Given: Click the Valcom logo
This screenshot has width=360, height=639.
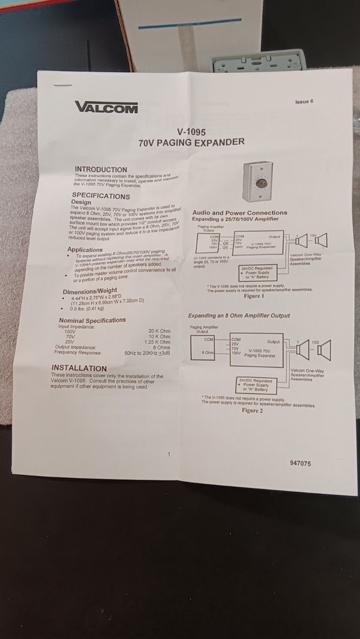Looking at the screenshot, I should point(106,107).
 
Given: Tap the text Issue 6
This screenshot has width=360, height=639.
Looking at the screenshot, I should point(304,102).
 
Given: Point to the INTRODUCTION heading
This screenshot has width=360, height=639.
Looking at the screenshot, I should point(101,169).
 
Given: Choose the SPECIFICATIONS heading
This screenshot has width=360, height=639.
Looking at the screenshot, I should point(100,196).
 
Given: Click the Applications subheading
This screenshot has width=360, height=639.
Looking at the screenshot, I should point(84,250).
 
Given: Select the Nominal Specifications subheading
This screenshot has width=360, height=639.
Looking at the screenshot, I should point(92,320).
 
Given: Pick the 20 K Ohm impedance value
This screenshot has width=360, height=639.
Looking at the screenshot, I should point(159,331).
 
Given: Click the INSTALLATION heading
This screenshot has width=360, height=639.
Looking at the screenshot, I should point(79,368).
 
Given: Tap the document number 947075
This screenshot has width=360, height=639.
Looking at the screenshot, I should point(301,463).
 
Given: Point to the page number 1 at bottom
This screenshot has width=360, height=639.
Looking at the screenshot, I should point(168,454).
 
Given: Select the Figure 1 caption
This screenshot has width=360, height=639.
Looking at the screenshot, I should point(253,296).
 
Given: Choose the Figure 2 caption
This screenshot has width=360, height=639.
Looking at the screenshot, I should point(252,410).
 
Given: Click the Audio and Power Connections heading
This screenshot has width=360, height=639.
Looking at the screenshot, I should point(240,213).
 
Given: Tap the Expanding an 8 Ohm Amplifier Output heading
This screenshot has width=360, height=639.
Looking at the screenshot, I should point(239,316).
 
